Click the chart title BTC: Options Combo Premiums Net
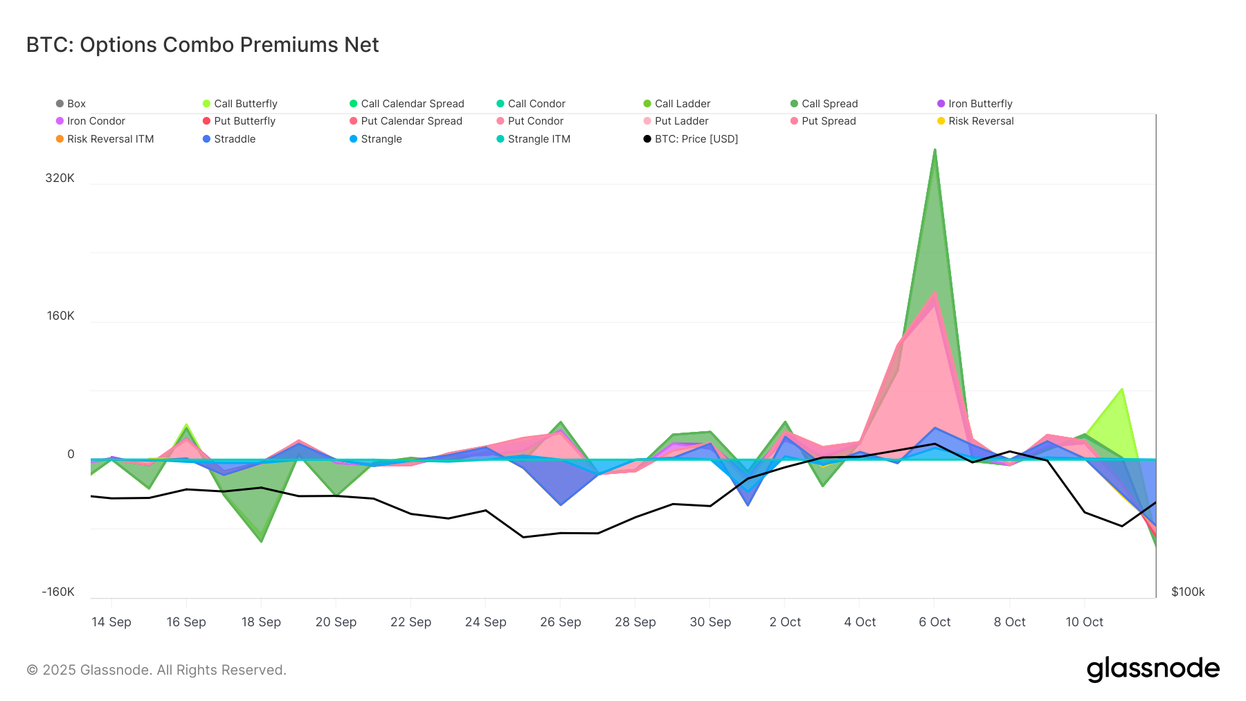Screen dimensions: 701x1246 tap(202, 45)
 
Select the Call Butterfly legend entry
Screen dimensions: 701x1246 tap(245, 104)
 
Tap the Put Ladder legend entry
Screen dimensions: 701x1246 tap(681, 121)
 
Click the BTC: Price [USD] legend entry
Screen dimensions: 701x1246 tap(696, 139)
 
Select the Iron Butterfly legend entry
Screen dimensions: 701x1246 tap(979, 104)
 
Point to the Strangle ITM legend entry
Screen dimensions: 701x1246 tap(539, 139)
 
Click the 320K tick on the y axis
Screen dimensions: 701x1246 tap(60, 178)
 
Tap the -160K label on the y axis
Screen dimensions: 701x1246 tap(58, 592)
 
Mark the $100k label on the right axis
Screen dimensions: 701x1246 tap(1188, 592)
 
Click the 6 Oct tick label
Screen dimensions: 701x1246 tap(934, 622)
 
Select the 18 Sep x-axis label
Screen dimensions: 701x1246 tap(261, 622)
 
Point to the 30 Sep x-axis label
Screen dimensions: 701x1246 tap(710, 622)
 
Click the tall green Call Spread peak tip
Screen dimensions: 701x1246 tap(934, 150)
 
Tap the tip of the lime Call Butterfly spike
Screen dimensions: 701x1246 tap(1122, 390)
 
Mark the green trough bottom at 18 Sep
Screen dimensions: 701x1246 tap(261, 540)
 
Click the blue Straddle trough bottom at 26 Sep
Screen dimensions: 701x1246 tap(561, 504)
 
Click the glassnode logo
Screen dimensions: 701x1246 tap(1153, 669)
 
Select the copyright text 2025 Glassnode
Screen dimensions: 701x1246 tap(156, 670)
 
